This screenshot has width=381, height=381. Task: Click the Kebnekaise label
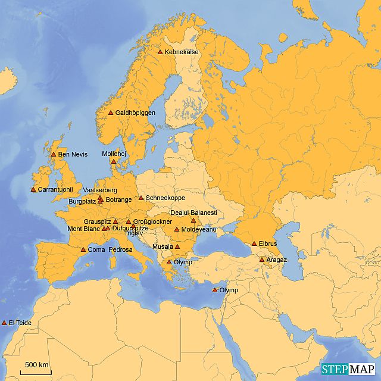182,52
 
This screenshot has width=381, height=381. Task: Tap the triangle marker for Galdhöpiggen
111,113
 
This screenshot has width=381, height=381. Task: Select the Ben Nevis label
73,155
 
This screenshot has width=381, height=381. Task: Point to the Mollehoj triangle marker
114,161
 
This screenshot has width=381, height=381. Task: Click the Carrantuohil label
54,190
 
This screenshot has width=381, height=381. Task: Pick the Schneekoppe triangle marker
141,198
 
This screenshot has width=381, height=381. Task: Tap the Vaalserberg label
101,190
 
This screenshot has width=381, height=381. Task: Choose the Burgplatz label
82,202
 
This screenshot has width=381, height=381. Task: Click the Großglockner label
152,222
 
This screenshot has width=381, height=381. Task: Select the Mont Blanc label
83,229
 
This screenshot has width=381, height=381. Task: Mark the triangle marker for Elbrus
254,243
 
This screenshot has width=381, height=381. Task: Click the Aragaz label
276,260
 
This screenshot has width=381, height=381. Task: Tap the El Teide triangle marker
4,323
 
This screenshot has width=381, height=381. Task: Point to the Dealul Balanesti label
193,213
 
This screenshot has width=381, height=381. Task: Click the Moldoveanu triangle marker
177,229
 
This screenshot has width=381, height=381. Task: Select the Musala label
163,246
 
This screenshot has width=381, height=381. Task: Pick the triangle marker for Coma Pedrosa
83,249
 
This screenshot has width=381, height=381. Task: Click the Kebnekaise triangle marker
160,52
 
